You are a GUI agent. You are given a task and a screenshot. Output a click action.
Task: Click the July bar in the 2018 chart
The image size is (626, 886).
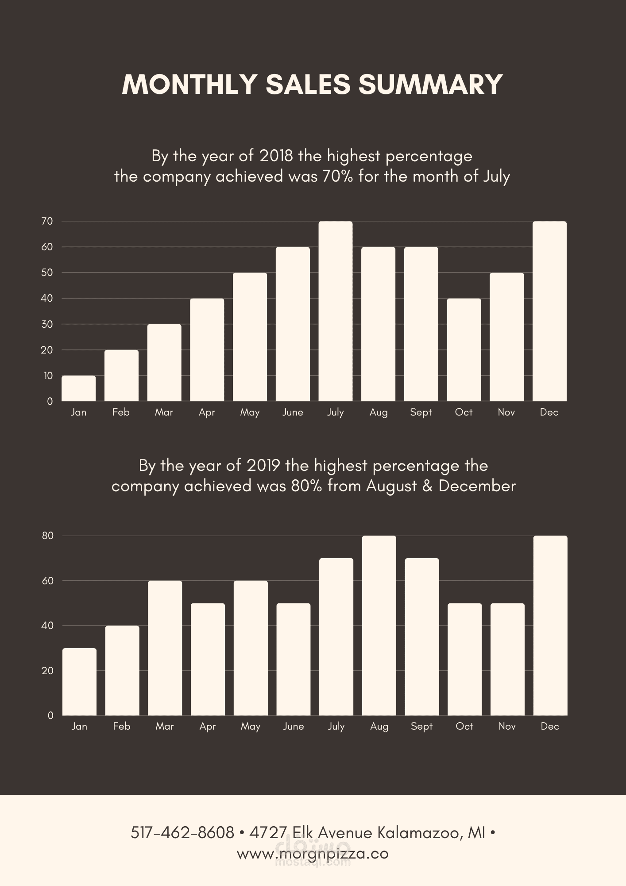[335, 311]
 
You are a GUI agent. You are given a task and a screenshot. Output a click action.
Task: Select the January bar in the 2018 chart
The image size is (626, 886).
[78, 389]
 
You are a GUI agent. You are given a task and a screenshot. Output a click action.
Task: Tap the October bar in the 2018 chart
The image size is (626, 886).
[464, 350]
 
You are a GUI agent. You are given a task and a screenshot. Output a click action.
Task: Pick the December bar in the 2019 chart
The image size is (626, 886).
[550, 626]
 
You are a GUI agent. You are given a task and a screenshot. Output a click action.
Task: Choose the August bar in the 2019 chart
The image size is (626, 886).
[379, 626]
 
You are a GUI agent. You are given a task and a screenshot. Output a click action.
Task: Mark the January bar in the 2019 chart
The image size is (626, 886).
[79, 682]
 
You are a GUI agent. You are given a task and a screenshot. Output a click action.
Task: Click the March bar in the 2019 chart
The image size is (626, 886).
[165, 648]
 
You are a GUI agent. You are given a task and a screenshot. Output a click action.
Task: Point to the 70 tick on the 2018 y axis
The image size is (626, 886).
[47, 221]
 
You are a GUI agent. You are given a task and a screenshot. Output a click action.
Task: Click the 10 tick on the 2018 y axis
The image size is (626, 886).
[48, 376]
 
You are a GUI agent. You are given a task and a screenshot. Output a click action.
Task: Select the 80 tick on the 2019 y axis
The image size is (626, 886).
[47, 536]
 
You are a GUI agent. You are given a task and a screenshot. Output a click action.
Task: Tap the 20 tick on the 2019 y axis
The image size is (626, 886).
[47, 671]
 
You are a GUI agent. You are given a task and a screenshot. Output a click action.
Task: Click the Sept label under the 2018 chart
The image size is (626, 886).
[421, 412]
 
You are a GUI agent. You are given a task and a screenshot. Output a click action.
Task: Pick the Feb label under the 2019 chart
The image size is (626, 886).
[122, 727]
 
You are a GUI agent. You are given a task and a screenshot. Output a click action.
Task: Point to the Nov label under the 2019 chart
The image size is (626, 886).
[507, 727]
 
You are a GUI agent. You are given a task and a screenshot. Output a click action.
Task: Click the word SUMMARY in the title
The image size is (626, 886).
[430, 84]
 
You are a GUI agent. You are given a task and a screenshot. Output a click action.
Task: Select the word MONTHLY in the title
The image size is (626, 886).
[189, 84]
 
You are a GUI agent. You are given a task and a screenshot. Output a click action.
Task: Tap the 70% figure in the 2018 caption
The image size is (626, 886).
[338, 176]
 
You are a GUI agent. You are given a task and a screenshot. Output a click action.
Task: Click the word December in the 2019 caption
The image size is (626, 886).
[477, 486]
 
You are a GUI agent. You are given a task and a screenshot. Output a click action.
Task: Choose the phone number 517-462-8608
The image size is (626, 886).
[182, 833]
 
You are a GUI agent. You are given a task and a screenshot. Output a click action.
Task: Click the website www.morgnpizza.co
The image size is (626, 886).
[313, 853]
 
